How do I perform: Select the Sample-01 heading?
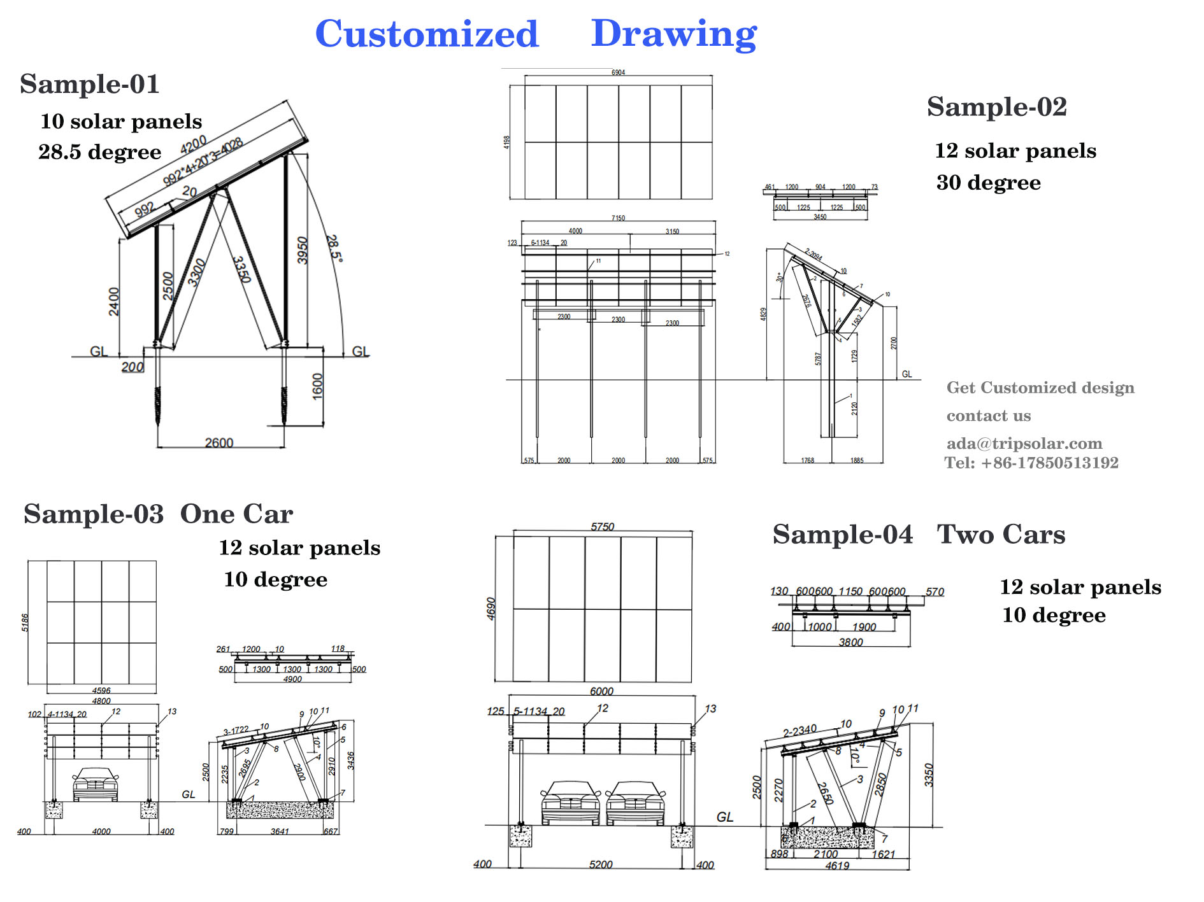(x=89, y=84)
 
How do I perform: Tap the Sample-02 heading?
(x=996, y=107)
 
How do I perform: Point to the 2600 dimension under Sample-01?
(x=219, y=442)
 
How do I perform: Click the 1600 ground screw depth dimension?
(x=317, y=386)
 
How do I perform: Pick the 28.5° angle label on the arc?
(x=334, y=248)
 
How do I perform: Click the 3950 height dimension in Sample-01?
(x=303, y=250)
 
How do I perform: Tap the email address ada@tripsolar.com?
(x=1024, y=444)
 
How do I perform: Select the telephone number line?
(x=1031, y=463)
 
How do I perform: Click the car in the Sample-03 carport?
(x=96, y=784)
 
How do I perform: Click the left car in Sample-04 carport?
(x=570, y=803)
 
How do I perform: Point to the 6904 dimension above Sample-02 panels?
(x=618, y=73)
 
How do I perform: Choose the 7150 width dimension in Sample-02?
(x=618, y=218)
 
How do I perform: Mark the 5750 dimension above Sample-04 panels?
(x=602, y=526)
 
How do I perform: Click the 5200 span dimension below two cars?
(x=601, y=864)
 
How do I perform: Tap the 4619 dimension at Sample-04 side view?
(x=837, y=866)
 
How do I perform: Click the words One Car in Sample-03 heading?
(x=236, y=514)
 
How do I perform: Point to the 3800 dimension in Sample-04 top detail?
(x=850, y=642)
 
